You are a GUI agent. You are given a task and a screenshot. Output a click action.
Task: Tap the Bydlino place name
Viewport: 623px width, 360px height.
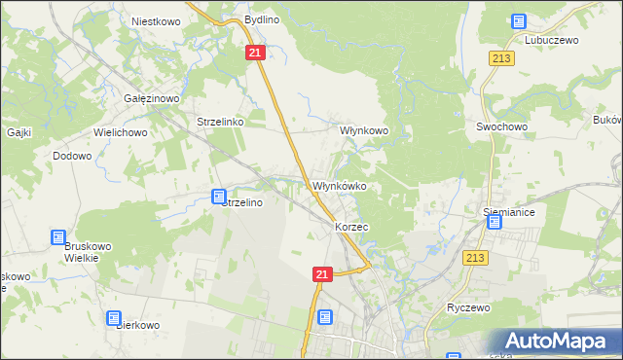click(x=262, y=19)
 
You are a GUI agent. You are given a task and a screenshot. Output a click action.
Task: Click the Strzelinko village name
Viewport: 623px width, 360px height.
click(x=219, y=123)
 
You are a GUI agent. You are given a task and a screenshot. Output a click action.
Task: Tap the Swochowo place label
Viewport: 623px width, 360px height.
click(x=501, y=127)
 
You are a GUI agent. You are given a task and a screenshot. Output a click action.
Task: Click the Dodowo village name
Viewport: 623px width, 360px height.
click(x=72, y=156)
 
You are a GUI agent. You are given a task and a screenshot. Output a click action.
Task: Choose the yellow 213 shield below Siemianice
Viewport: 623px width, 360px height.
click(x=475, y=257)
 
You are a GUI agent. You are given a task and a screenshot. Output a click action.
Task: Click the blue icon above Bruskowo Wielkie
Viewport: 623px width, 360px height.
click(x=59, y=237)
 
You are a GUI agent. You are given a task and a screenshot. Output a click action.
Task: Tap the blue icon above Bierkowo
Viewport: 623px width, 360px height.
click(x=115, y=318)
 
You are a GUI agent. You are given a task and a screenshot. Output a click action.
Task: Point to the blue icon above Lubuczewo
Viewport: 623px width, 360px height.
click(x=518, y=21)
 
